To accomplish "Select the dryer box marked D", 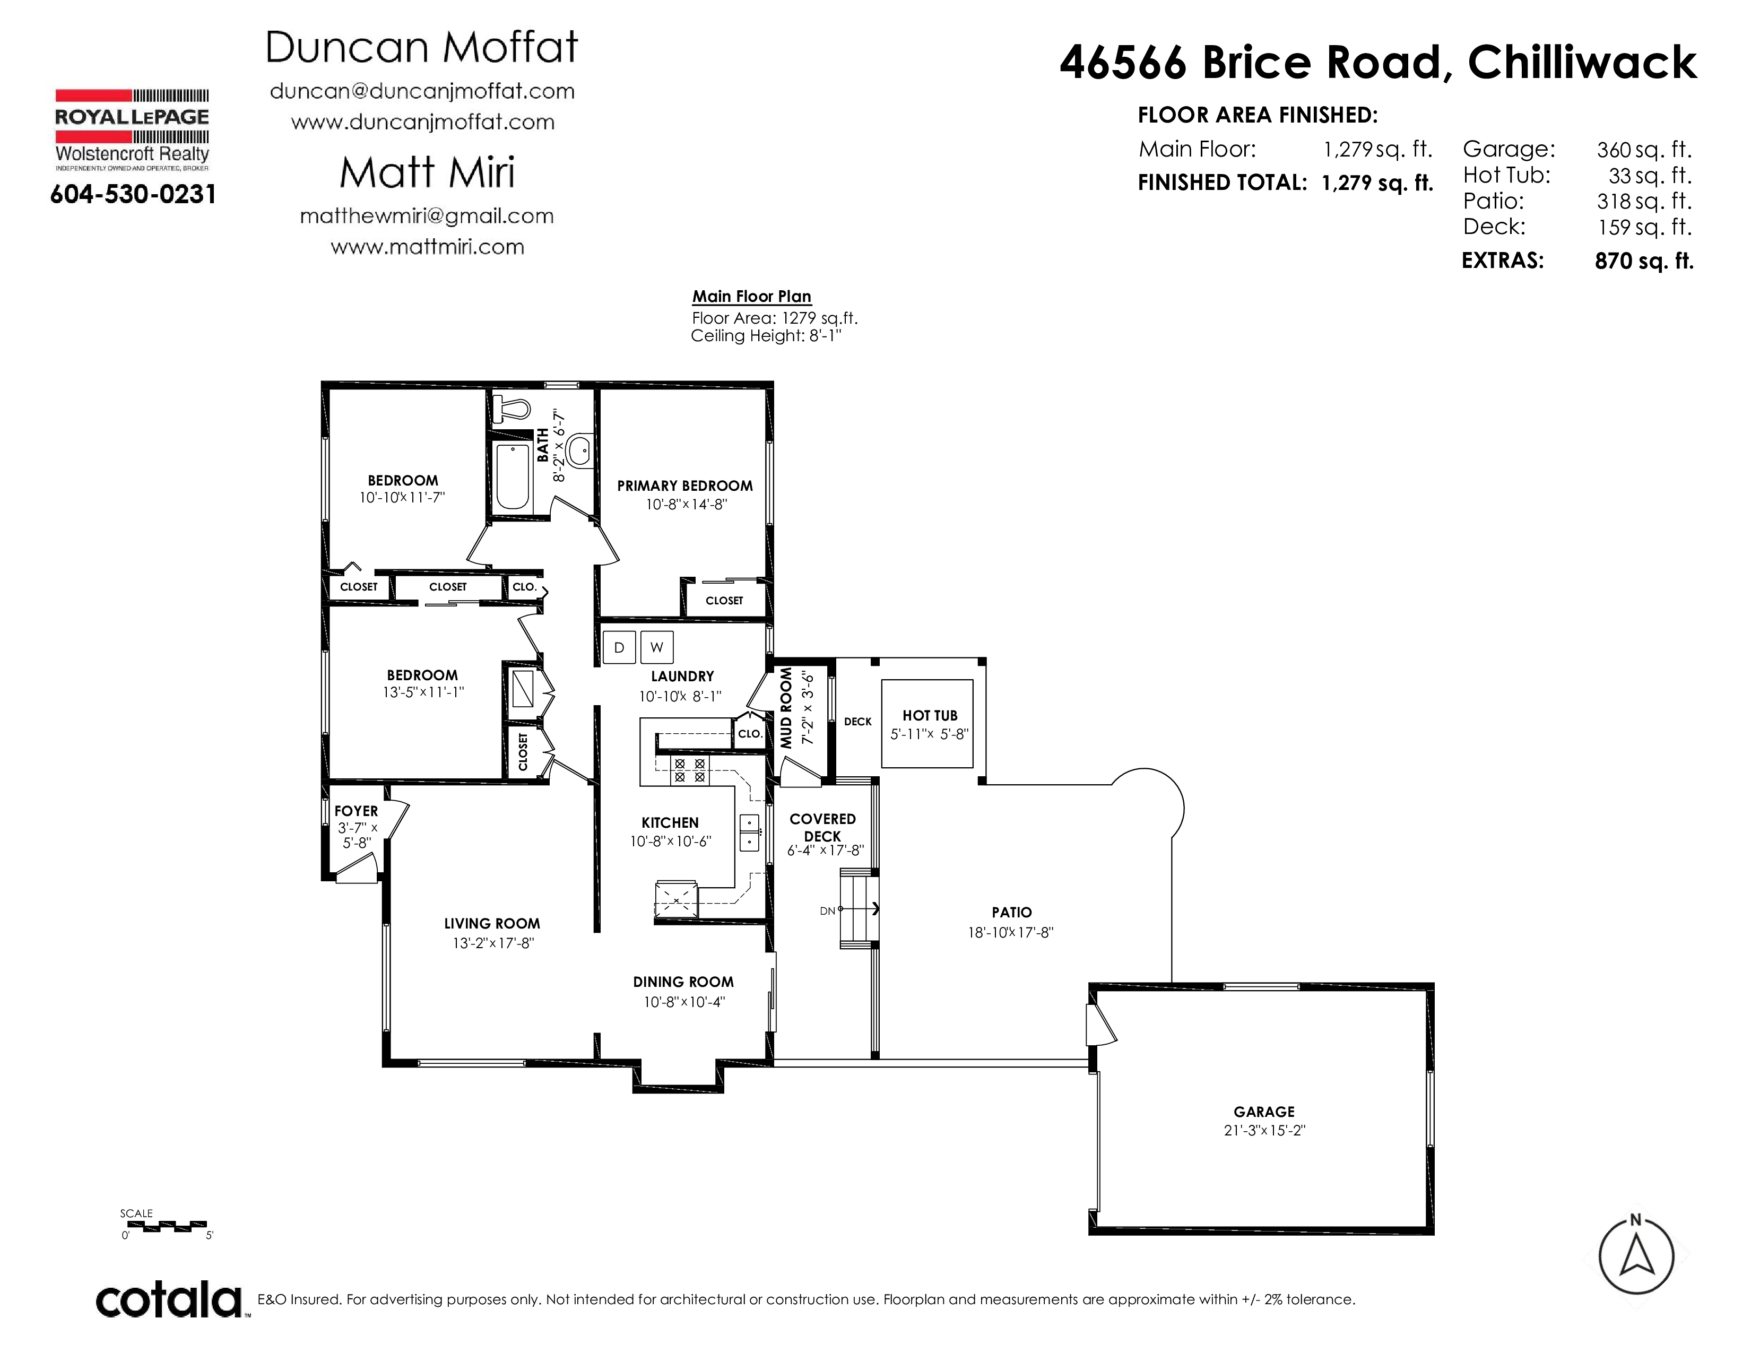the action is pyautogui.click(x=619, y=647).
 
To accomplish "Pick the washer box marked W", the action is pyautogui.click(x=657, y=647).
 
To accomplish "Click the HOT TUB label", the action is pyautogui.click(x=930, y=715).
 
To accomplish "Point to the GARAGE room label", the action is pyautogui.click(x=1264, y=1111).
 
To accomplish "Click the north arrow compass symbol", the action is pyautogui.click(x=1636, y=1257).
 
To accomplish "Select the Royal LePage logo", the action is pyautogui.click(x=132, y=128).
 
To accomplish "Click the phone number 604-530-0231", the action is pyautogui.click(x=133, y=194).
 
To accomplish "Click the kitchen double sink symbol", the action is pyautogui.click(x=749, y=832).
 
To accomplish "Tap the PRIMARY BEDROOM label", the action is pyautogui.click(x=684, y=485).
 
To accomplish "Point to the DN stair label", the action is pyautogui.click(x=827, y=910).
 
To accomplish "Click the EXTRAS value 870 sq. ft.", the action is pyautogui.click(x=1644, y=261).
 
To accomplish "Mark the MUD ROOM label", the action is pyautogui.click(x=786, y=708).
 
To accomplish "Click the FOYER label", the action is pyautogui.click(x=356, y=811).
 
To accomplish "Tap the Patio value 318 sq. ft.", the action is pyautogui.click(x=1644, y=201).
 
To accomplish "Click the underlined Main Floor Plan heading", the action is pyautogui.click(x=752, y=297).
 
